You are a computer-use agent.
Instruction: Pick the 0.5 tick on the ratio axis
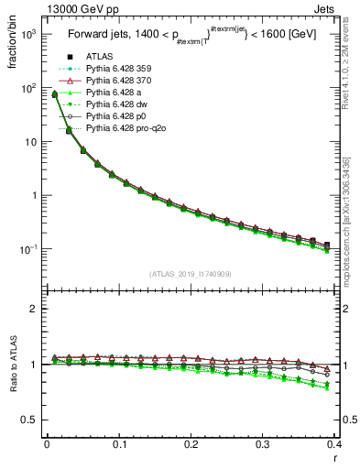(32, 420)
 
